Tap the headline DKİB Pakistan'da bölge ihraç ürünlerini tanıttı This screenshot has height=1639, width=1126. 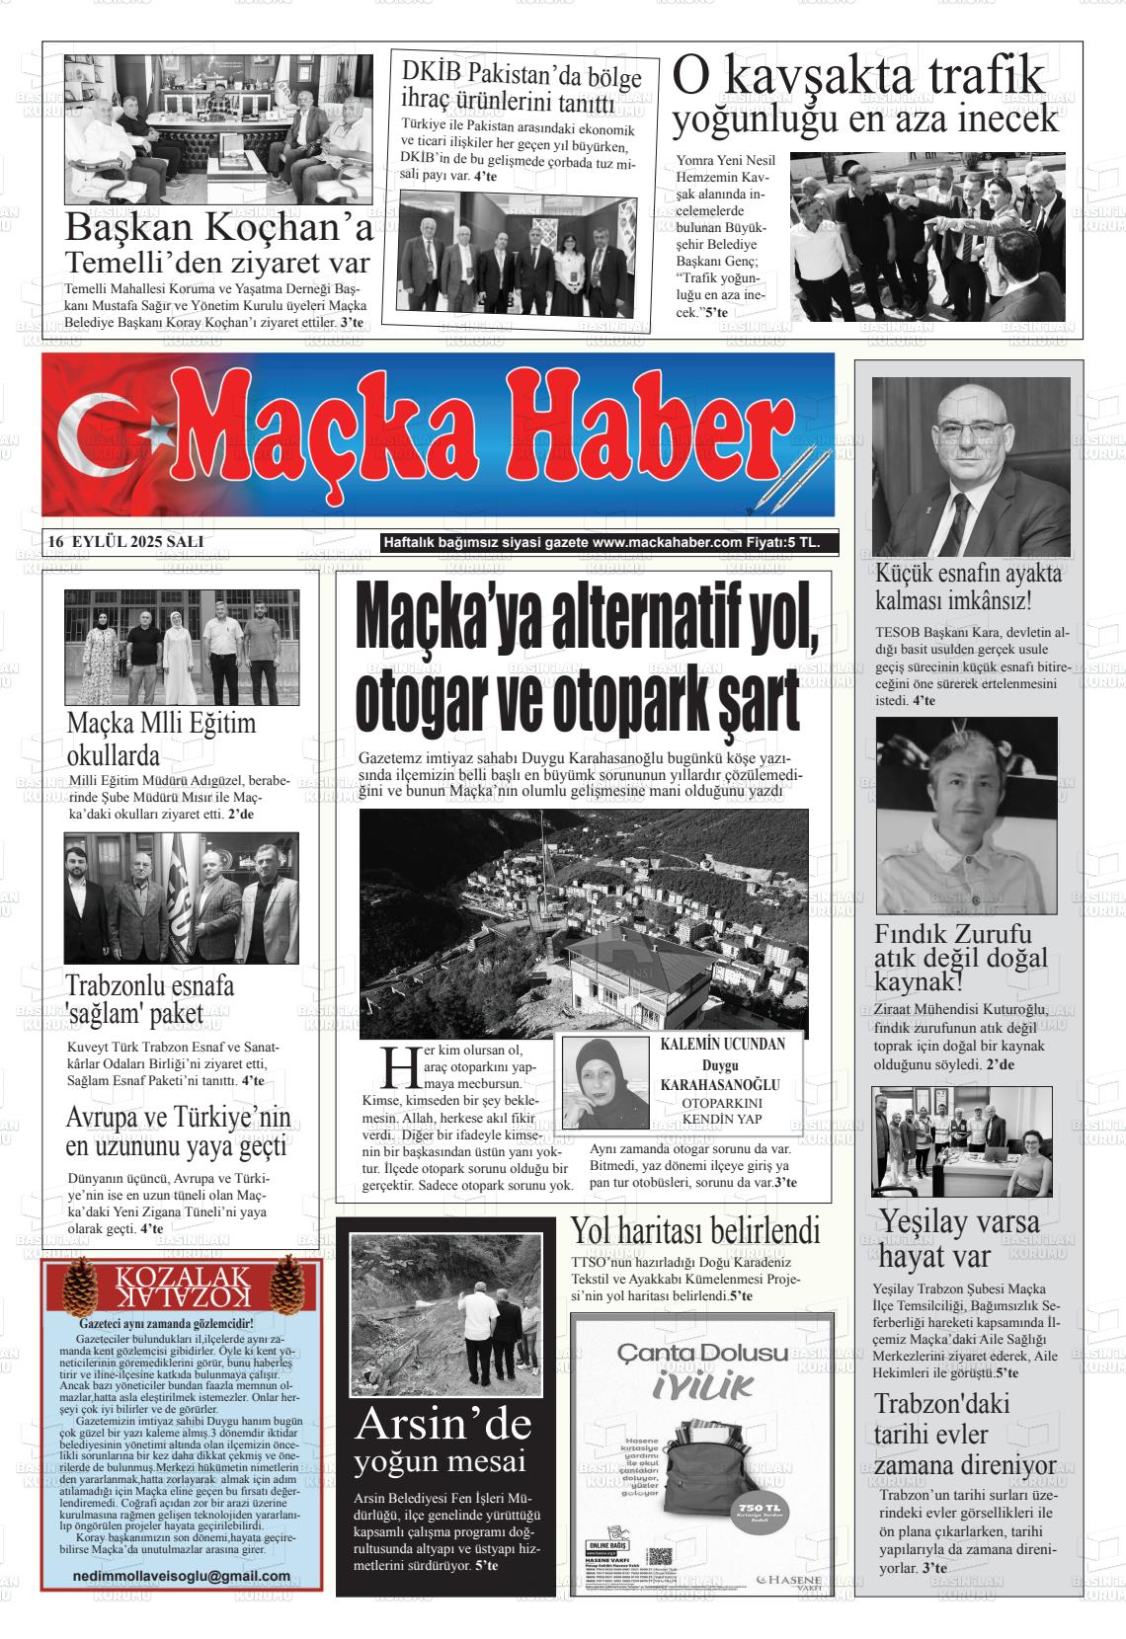522,88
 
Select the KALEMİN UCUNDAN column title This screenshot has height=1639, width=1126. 722,1045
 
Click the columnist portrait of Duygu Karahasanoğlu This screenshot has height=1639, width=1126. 604,1082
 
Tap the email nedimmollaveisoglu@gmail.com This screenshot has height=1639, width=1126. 182,1576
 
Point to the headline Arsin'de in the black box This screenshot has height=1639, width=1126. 442,1424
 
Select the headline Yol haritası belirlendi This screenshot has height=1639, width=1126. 695,1231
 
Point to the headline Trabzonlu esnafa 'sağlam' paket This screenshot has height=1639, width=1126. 150,999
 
